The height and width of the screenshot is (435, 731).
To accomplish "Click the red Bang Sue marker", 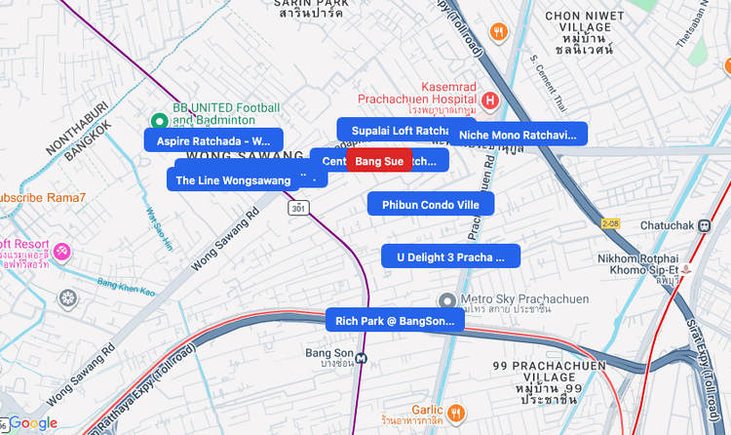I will tap(379, 161).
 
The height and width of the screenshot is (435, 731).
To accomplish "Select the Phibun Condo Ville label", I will tap(431, 204).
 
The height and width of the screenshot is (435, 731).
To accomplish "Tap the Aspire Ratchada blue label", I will tap(213, 140).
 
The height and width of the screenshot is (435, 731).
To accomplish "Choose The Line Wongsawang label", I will tap(234, 180).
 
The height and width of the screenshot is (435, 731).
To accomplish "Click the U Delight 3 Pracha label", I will tap(450, 257).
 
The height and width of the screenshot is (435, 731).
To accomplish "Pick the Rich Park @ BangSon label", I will tap(394, 320).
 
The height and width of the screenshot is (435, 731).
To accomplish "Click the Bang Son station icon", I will tap(362, 357).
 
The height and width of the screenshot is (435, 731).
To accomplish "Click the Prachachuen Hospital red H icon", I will tap(490, 99).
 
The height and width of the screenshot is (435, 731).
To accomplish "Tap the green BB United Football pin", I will tap(159, 121).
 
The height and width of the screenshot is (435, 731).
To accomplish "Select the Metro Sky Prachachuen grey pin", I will tap(446, 299).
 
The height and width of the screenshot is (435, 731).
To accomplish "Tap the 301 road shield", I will tap(298, 208).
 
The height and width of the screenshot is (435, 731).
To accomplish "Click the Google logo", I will tap(33, 423).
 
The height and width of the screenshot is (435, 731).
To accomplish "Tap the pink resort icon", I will tap(62, 252).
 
